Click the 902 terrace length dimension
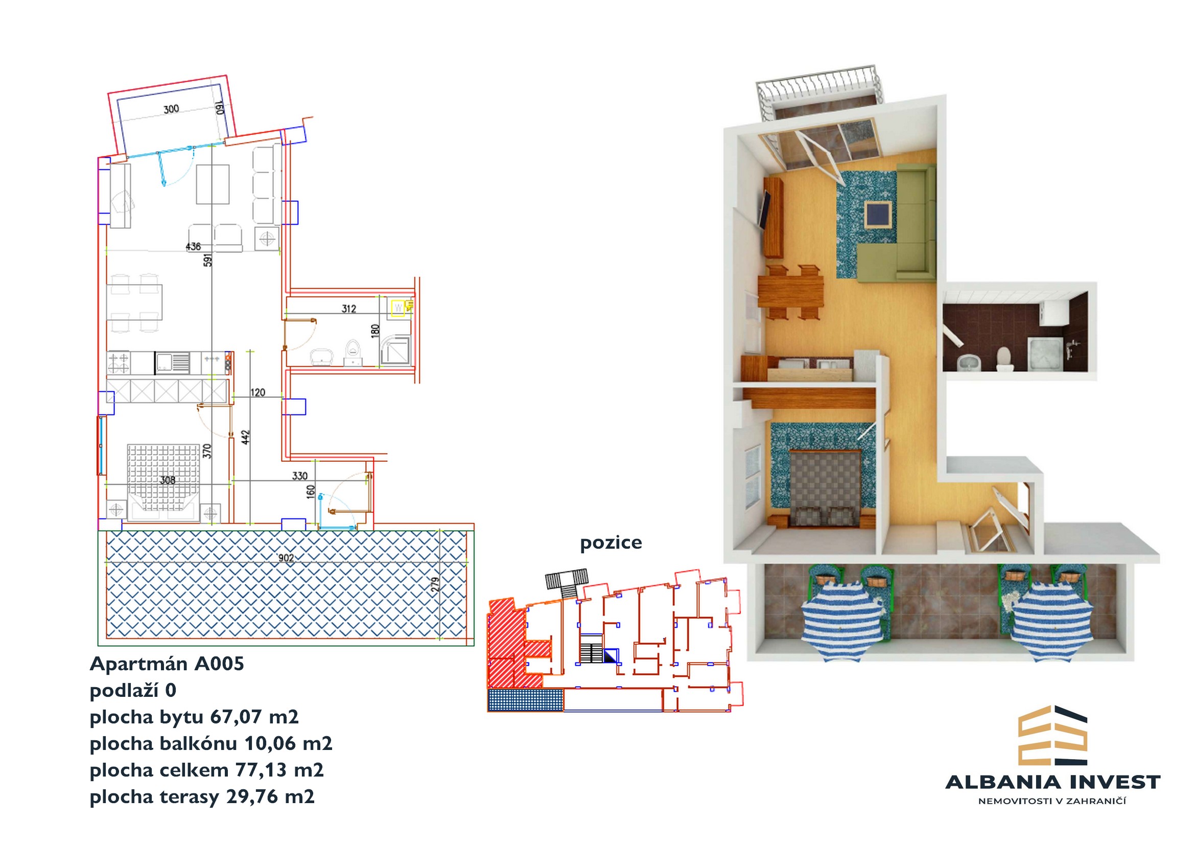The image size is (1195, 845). click(286, 558)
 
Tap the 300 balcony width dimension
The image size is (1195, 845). click(171, 109)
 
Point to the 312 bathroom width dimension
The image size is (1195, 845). click(349, 309)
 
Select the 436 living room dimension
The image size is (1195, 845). click(193, 246)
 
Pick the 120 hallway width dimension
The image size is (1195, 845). click(257, 392)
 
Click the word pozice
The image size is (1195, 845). click(611, 543)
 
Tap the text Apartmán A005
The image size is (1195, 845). click(167, 664)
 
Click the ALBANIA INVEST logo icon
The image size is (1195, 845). click(1052, 735)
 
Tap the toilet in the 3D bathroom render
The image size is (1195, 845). click(1003, 359)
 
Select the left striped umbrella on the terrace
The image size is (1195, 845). click(842, 620)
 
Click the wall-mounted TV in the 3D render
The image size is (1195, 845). click(766, 209)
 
